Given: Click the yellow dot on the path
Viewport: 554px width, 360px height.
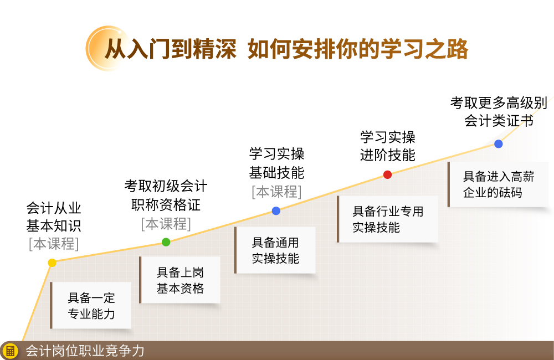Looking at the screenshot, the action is click(x=52, y=263).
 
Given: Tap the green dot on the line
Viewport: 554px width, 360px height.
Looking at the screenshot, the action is click(x=166, y=242).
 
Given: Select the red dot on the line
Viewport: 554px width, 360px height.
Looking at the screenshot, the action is click(x=388, y=174).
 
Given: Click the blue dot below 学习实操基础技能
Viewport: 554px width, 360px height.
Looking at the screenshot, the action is click(x=276, y=211).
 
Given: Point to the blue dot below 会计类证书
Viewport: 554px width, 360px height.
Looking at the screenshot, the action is click(x=499, y=144).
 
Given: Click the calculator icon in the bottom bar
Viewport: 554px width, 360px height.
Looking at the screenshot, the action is click(x=10, y=351).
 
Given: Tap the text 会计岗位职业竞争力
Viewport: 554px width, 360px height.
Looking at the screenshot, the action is click(x=85, y=351).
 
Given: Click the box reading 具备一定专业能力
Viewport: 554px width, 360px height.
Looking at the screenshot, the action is click(x=91, y=305).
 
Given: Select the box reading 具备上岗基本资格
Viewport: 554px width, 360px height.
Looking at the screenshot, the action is click(x=180, y=280).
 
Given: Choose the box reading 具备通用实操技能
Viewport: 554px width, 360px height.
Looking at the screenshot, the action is click(x=275, y=250).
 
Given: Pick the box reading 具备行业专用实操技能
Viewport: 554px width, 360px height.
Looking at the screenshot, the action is click(x=388, y=219).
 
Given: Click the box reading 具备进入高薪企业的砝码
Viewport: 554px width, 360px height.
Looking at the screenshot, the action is click(x=498, y=184).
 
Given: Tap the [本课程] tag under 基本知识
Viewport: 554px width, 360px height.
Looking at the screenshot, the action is click(x=54, y=244).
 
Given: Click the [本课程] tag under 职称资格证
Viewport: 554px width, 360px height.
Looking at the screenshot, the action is click(x=166, y=224).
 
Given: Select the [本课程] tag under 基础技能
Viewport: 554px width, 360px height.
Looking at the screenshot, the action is click(x=276, y=192).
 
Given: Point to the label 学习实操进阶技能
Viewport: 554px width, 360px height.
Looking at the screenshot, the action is click(x=388, y=146).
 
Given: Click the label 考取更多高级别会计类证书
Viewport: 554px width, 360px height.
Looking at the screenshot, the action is click(x=499, y=112).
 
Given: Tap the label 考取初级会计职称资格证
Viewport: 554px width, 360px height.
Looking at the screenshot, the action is click(x=166, y=195).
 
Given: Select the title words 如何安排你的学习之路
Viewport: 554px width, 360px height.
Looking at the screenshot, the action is click(x=358, y=49).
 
